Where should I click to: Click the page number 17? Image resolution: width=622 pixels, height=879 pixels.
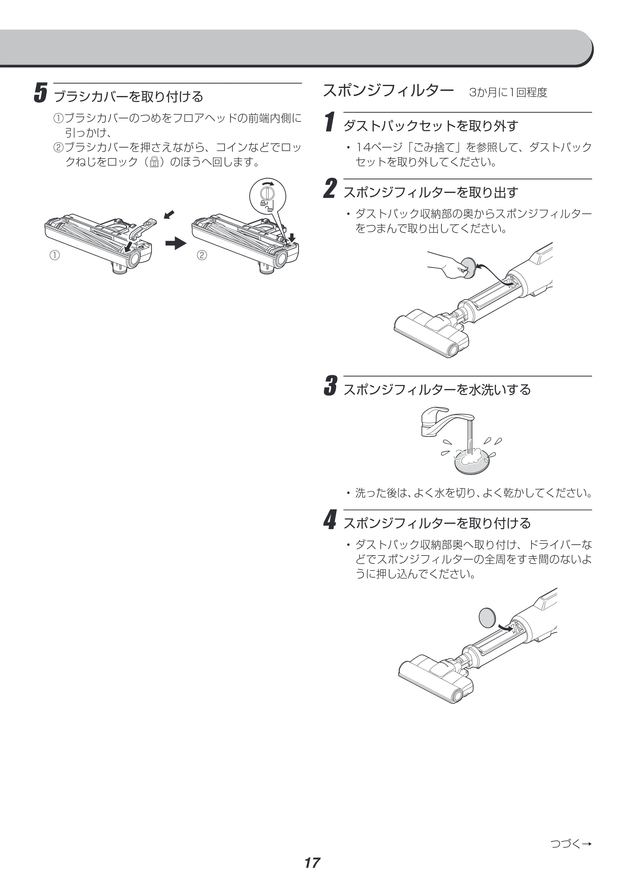312,863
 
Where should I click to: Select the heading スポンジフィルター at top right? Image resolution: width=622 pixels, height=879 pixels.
388,91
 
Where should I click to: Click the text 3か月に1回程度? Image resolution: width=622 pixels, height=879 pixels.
508,92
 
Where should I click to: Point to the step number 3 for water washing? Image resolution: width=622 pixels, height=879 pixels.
330,386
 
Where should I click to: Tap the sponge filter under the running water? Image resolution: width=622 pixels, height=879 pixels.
472,461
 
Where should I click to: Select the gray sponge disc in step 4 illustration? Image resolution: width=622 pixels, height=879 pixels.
487,617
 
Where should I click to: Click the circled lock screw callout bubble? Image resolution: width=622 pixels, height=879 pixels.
268,196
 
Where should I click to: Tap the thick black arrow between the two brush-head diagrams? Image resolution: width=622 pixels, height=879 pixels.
176,243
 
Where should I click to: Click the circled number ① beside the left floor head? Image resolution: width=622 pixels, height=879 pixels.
55,255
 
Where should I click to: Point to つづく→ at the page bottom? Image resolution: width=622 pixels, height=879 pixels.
571,843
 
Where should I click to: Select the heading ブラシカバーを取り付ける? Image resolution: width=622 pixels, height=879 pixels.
129,96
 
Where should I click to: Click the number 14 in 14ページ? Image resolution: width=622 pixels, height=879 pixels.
363,147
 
